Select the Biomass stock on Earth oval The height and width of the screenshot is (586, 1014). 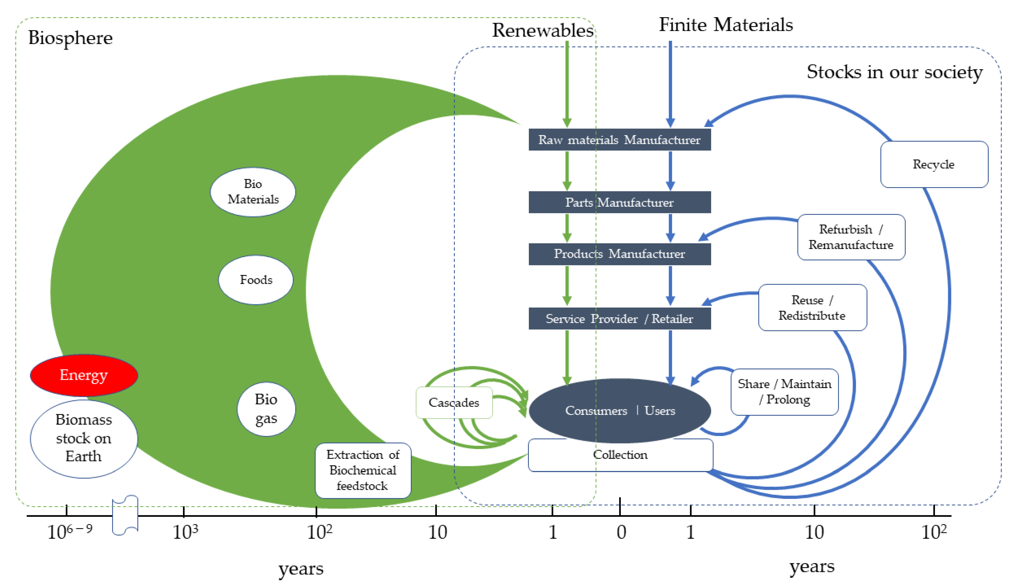pyautogui.click(x=84, y=438)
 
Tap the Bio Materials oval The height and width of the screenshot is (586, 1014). pyautogui.click(x=253, y=192)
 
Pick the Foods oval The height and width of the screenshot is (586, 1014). pyautogui.click(x=256, y=280)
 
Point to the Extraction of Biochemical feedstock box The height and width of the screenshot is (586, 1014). pyautogui.click(x=363, y=470)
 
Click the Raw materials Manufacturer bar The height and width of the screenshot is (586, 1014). pyautogui.click(x=619, y=140)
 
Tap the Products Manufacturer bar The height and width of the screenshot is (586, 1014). pyautogui.click(x=619, y=254)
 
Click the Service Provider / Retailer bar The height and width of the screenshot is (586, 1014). pyautogui.click(x=619, y=318)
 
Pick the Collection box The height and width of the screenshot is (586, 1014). pyautogui.click(x=620, y=455)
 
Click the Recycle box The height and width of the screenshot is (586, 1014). pyautogui.click(x=934, y=164)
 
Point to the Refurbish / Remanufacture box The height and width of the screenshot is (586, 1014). pyautogui.click(x=851, y=237)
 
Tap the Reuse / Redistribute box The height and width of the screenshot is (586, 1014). pyautogui.click(x=812, y=308)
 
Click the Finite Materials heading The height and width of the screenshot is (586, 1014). pyautogui.click(x=725, y=25)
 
